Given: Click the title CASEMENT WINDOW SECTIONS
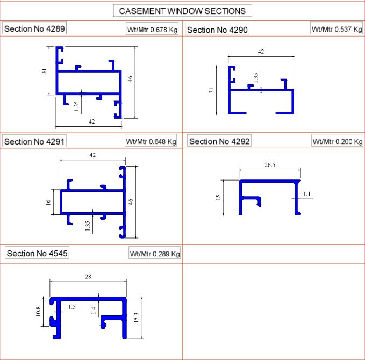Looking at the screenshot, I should (182, 11).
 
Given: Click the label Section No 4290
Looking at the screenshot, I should (217, 30).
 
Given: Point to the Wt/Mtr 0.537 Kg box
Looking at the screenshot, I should (337, 30).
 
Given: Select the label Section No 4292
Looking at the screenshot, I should (219, 141).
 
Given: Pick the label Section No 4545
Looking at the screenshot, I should (37, 253).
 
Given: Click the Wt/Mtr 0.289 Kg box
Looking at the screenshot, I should (154, 254).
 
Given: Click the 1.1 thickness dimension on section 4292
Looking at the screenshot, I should (307, 193).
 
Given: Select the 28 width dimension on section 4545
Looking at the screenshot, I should (88, 277).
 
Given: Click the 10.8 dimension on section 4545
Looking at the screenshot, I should (38, 312).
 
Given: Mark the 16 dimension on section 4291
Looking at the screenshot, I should (48, 202).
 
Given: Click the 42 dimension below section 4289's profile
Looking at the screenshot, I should (91, 122).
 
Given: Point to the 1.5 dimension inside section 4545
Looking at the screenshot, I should (72, 306).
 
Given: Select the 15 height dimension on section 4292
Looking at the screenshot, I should (218, 198).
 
